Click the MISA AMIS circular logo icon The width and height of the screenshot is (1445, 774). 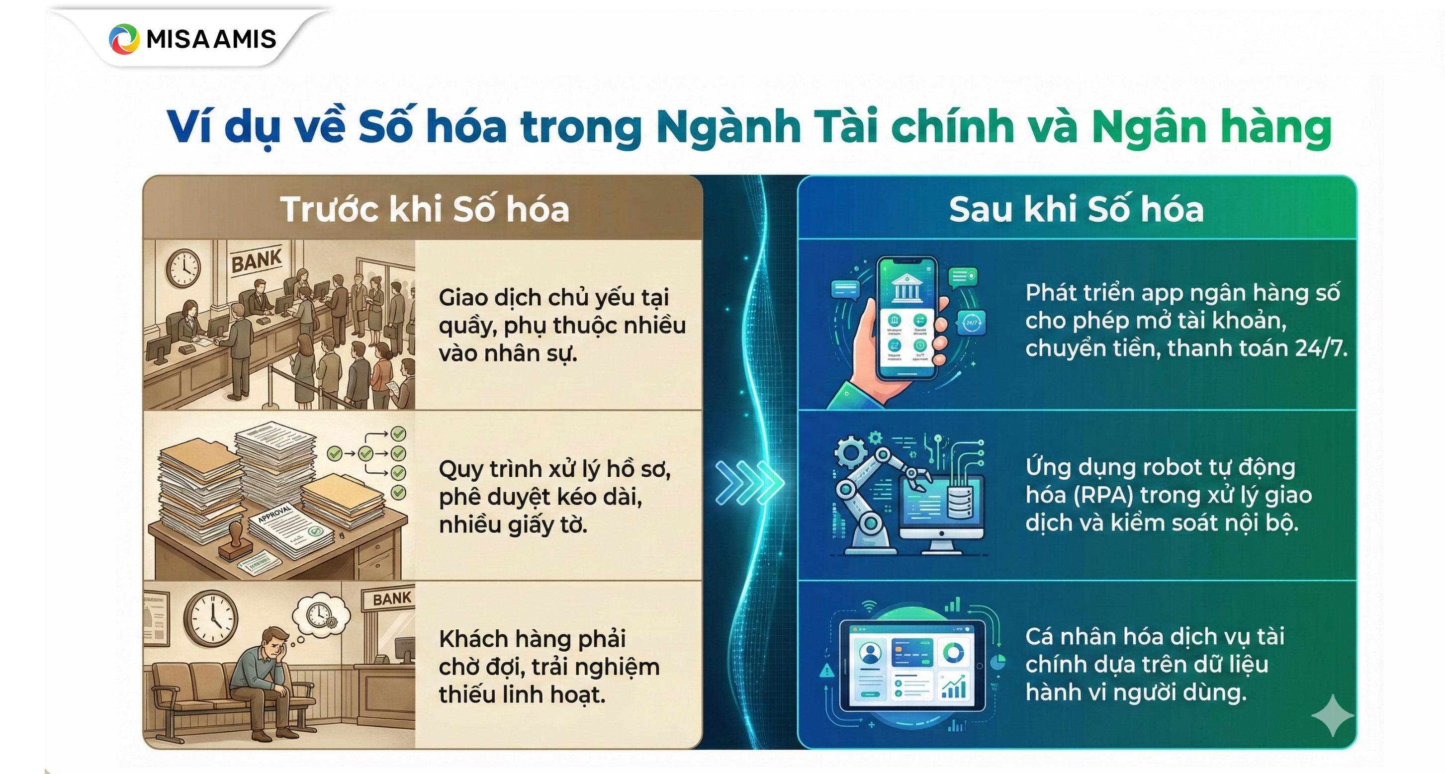124,39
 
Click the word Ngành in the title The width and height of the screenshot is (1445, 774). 728,127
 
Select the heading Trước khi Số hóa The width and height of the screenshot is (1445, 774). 425,209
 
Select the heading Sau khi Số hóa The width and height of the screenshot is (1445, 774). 1076,209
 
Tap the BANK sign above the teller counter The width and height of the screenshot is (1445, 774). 257,260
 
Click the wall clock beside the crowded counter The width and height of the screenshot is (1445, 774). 183,268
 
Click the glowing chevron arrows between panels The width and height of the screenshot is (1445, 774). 749,482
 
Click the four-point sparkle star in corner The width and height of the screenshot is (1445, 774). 1332,715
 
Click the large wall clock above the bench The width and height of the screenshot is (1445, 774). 211,618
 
